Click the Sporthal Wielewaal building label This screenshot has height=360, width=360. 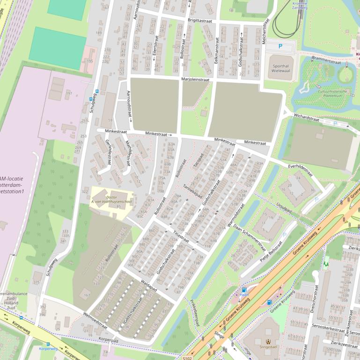[x=281, y=69]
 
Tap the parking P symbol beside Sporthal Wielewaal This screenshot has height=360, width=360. [x=280, y=46]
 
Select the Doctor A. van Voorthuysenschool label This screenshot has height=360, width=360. [x=111, y=200]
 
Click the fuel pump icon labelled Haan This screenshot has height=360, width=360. [x=244, y=290]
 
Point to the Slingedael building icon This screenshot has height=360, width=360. [x=268, y=342]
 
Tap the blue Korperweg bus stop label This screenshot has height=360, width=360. [x=48, y=349]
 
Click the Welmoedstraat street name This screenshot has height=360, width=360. [x=95, y=320]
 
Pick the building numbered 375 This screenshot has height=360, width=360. [x=37, y=282]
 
